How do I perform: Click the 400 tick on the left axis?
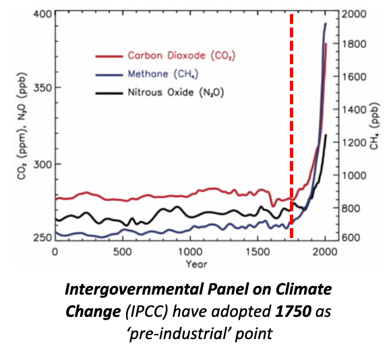click(x=40, y=14)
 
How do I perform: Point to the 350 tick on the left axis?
click(x=40, y=88)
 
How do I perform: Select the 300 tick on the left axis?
click(x=40, y=164)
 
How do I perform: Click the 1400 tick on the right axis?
click(x=353, y=109)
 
